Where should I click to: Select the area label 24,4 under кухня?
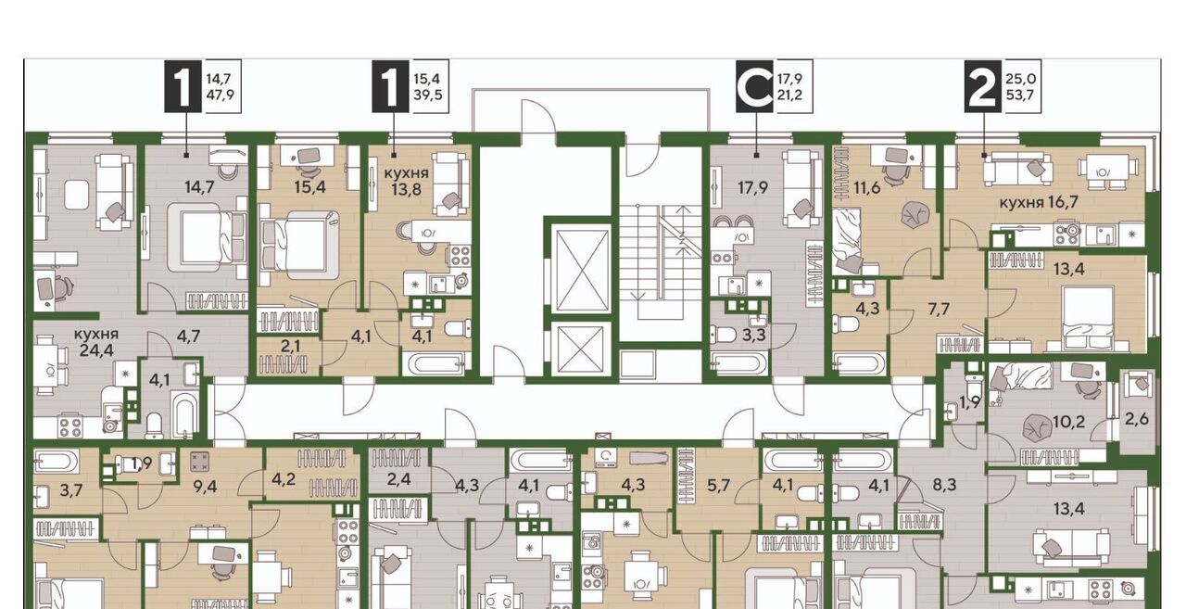click(96, 350)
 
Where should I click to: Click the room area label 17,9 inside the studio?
click(753, 187)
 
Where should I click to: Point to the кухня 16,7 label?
click(1039, 202)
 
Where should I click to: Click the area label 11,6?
click(867, 187)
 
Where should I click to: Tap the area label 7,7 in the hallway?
click(939, 310)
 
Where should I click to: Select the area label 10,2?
click(1068, 422)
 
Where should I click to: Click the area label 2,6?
click(1137, 419)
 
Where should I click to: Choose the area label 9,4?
click(205, 487)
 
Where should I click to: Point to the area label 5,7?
click(718, 485)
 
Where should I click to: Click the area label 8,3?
click(944, 485)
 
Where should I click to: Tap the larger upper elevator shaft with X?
click(581, 269)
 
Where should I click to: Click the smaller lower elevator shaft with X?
click(581, 349)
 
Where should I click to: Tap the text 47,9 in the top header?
click(220, 95)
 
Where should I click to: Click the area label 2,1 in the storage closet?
click(291, 347)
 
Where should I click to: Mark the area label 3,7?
click(71, 490)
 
